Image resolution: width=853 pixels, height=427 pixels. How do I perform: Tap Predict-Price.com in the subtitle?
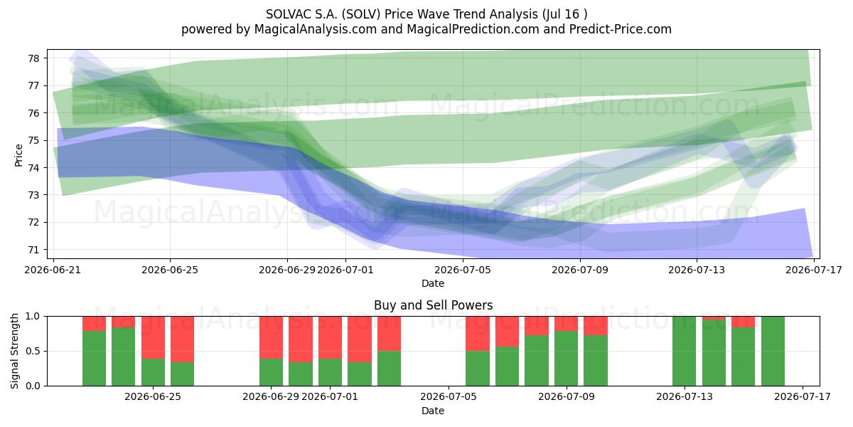[621, 29]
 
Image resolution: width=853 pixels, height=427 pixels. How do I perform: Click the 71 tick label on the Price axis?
[33, 250]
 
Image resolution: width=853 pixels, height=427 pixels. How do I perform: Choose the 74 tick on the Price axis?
[33, 168]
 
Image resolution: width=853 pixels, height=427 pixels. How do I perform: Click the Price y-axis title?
[18, 155]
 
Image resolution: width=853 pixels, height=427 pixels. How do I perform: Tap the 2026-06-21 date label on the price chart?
[53, 270]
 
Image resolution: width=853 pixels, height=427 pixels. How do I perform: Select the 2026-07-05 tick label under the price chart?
[463, 270]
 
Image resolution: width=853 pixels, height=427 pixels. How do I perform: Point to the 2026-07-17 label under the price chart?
[814, 270]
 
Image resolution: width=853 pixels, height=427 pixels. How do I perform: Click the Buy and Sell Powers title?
[434, 305]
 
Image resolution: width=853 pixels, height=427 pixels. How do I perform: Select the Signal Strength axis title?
[14, 351]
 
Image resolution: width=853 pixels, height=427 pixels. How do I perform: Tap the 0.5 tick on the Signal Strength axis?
[33, 351]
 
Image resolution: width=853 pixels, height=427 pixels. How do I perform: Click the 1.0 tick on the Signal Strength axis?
[33, 317]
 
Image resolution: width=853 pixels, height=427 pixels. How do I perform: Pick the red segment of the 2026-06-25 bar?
[153, 337]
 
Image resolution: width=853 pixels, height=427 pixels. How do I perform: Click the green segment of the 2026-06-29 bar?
[271, 372]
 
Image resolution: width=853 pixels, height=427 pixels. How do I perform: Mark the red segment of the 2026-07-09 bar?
[567, 324]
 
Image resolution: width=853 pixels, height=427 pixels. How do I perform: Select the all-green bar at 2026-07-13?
[685, 351]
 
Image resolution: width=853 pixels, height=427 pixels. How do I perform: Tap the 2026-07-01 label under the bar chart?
[330, 397]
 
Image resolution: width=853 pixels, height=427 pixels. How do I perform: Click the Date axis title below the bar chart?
[433, 411]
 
